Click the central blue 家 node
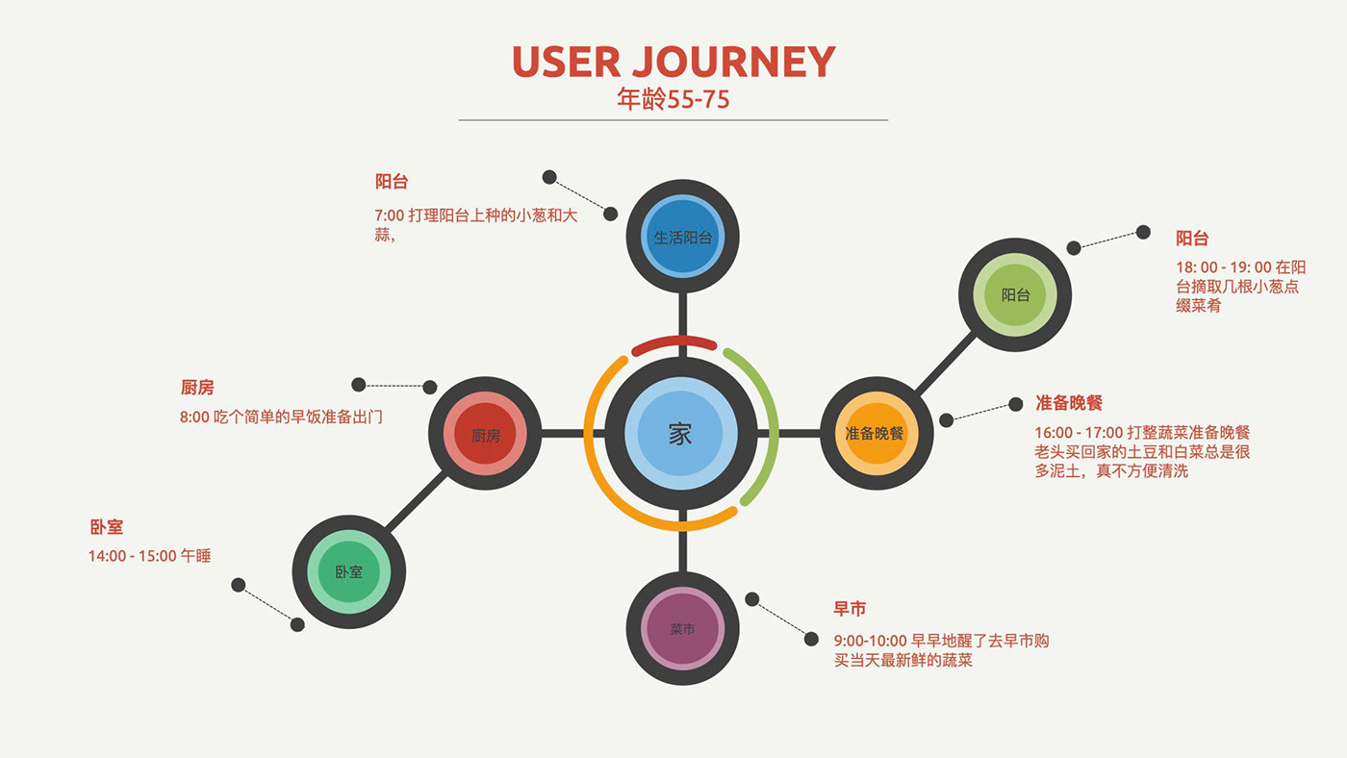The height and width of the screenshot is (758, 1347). coord(681,434)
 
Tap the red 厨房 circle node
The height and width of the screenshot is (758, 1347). coord(486,435)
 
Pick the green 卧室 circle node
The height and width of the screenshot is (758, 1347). coord(349,571)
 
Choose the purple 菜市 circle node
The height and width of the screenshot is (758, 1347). coord(682,629)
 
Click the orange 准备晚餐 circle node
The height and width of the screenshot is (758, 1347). coord(875,434)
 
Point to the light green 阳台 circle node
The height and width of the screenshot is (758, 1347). coord(1016,295)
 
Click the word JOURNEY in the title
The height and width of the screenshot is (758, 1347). coord(734,63)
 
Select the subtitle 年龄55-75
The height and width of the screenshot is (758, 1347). coord(673,99)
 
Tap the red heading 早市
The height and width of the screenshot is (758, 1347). coord(850,609)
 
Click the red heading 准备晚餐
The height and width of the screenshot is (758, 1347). coord(1069,402)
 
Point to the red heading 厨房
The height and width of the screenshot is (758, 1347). coord(197,388)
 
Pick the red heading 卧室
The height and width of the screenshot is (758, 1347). coord(106,528)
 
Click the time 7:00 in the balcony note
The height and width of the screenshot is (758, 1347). coord(389,215)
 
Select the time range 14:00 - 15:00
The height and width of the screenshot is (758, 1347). coord(132,556)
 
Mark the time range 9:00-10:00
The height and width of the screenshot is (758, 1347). coord(870,641)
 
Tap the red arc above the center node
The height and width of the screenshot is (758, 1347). coord(673,342)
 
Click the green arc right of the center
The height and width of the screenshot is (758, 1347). coord(760,423)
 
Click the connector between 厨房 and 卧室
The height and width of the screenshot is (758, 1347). coord(418,503)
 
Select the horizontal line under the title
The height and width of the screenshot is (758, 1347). coord(673,120)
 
